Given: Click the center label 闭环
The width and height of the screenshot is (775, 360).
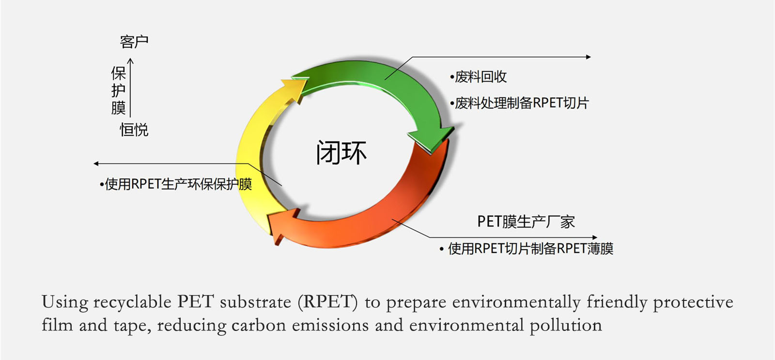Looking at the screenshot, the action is [x=341, y=153].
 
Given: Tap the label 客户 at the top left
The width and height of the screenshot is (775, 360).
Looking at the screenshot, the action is [x=134, y=42].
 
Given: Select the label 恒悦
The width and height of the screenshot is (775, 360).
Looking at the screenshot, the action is [x=134, y=130].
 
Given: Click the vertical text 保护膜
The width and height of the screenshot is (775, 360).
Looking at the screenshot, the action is [x=118, y=90].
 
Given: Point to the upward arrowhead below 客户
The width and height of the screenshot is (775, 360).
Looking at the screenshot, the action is [x=130, y=61].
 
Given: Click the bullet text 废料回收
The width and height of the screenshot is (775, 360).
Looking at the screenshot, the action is [x=478, y=77].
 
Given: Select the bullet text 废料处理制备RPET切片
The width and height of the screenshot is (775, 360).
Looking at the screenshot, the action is [x=519, y=103].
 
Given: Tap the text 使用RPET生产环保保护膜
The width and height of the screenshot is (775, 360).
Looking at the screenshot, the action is [x=176, y=184].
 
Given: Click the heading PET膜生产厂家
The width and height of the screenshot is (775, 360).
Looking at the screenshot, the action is [x=526, y=221].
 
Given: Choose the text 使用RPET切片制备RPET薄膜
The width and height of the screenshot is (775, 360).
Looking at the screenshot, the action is [x=526, y=249].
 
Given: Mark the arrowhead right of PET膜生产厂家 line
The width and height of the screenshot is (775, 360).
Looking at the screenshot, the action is [x=595, y=237].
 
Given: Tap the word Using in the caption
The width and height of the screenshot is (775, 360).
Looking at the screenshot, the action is [x=65, y=302].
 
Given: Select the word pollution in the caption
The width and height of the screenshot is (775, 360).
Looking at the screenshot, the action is [x=566, y=326].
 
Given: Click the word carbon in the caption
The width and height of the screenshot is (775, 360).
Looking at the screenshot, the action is [x=259, y=326].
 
